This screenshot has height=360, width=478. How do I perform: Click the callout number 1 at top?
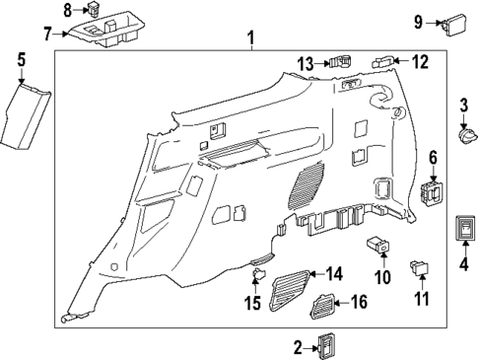tap(250, 38)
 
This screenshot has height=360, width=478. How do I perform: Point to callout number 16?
tap(358, 302)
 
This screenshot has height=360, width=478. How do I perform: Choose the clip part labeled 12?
tap(383, 61)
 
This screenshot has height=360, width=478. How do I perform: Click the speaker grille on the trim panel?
tap(309, 182)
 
